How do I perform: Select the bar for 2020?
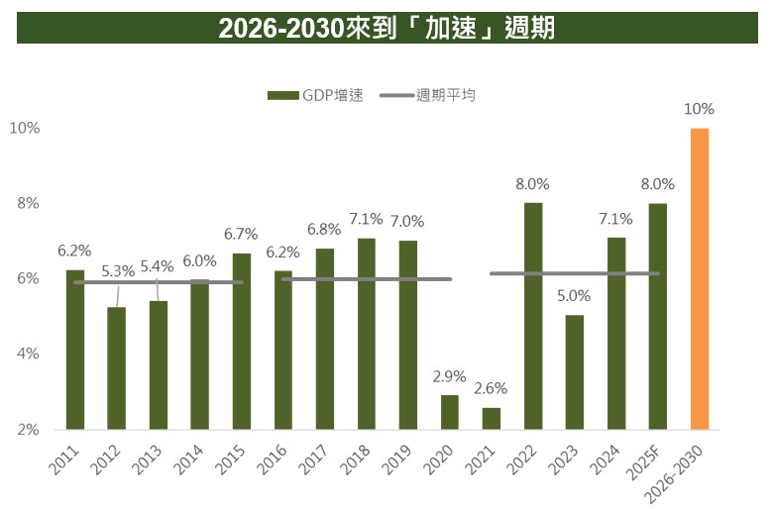[x=450, y=412]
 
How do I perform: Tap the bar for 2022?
[x=533, y=317]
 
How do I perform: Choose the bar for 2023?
[x=575, y=372]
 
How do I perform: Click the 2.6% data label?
[x=492, y=388]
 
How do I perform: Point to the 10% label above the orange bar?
[x=700, y=109]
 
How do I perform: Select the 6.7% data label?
[x=242, y=234]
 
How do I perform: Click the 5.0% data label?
[x=575, y=295]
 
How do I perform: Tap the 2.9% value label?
[x=450, y=375]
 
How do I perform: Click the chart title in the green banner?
[x=386, y=29]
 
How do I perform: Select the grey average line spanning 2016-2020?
[x=367, y=279]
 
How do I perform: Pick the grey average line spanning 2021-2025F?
[x=575, y=273]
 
